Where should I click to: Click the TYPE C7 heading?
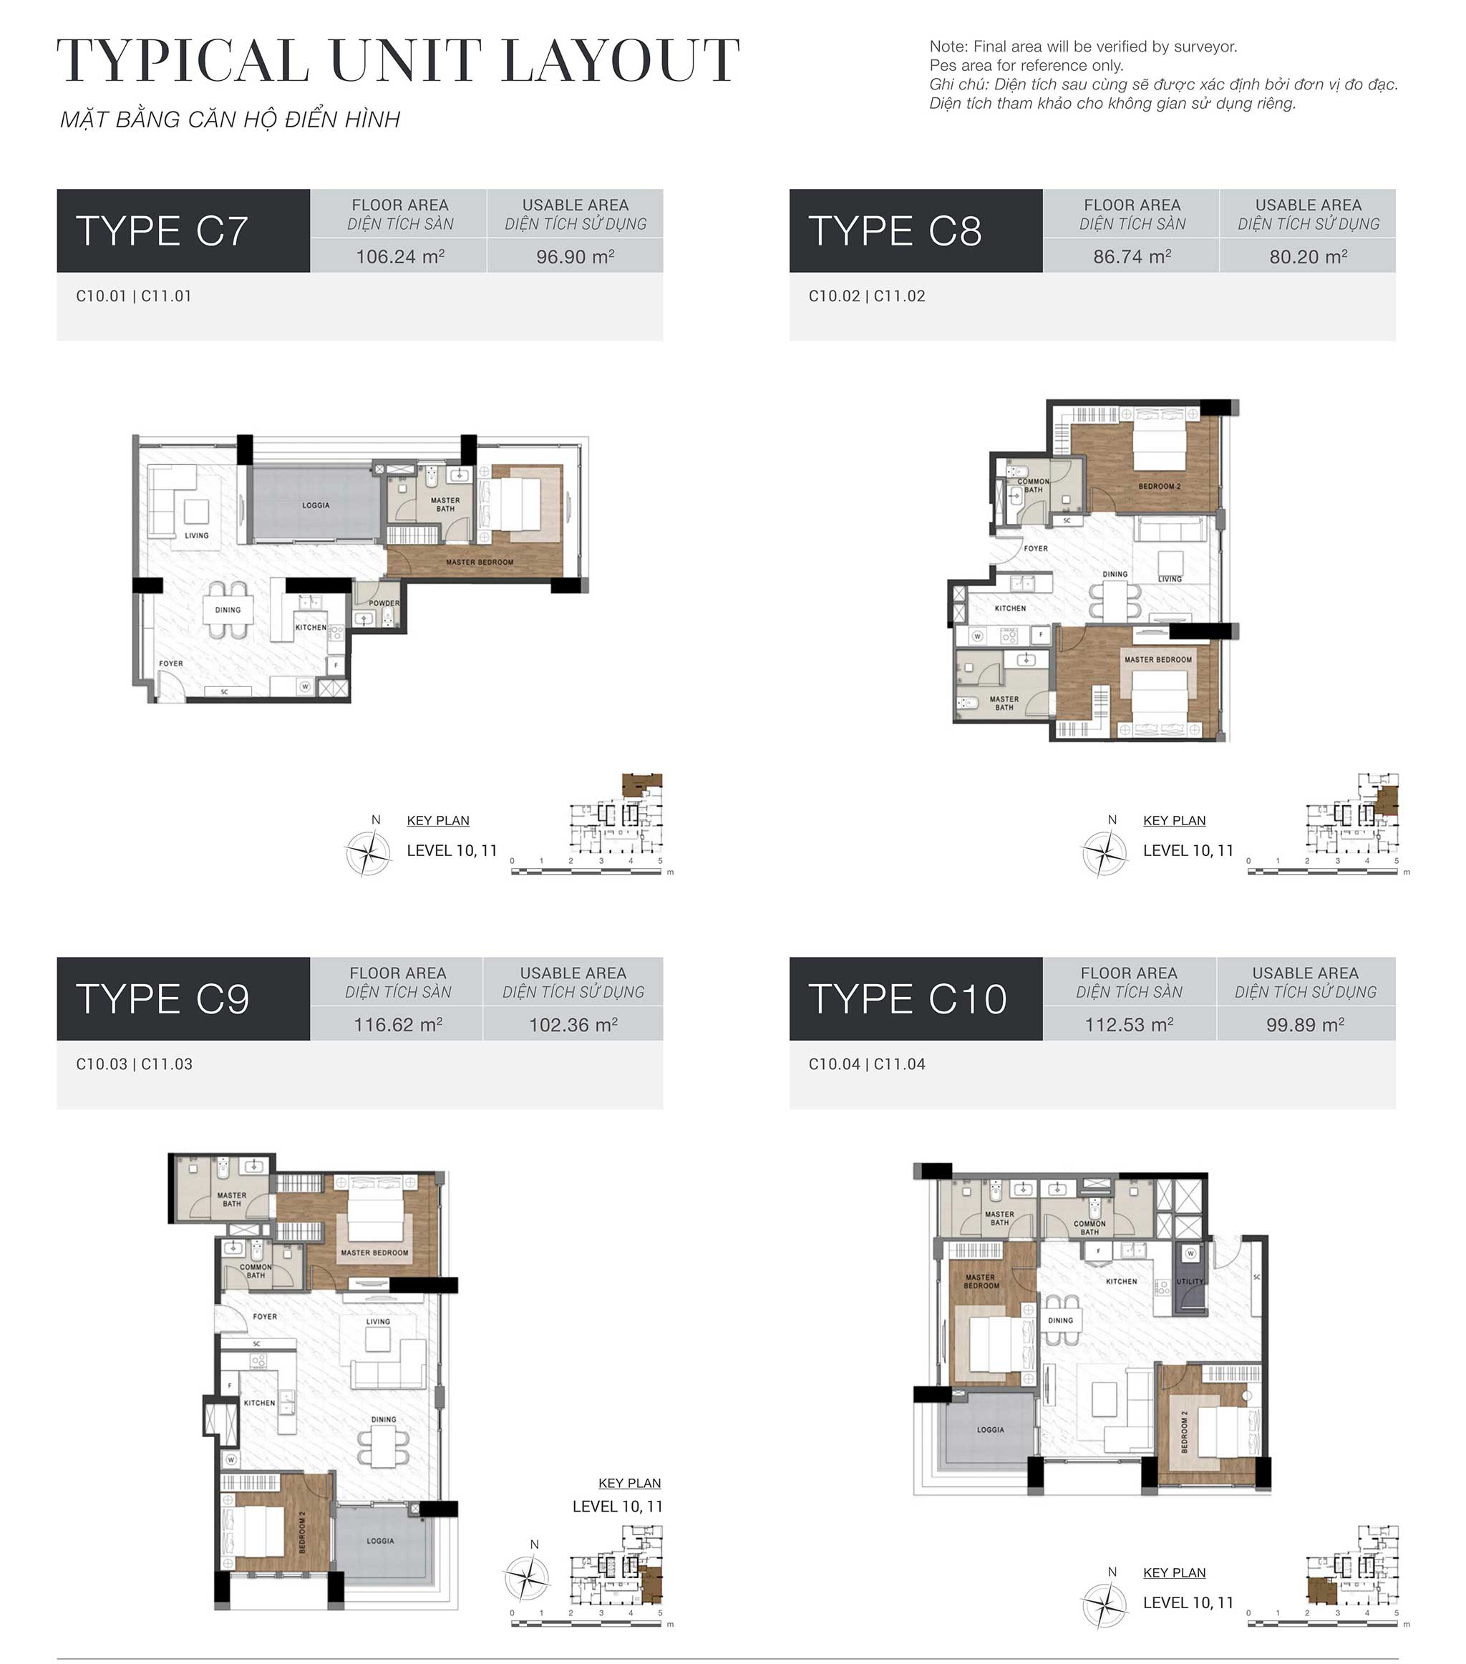(x=162, y=231)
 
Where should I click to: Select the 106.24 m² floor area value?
(x=400, y=256)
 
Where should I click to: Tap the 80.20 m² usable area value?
(x=1308, y=256)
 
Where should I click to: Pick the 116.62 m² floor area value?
(x=397, y=1025)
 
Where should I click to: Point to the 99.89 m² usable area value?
(x=1305, y=1025)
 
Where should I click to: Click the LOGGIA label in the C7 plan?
(x=316, y=505)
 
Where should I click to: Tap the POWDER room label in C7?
(x=384, y=603)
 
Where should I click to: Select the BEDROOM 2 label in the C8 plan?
(x=1159, y=487)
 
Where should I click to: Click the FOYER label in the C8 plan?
(x=1035, y=549)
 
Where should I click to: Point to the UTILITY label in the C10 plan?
(x=1189, y=1281)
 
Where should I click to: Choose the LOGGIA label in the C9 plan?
(x=380, y=1540)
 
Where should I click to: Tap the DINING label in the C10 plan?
(x=1060, y=1320)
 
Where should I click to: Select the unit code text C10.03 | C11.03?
(x=135, y=1064)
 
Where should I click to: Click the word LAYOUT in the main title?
(x=621, y=61)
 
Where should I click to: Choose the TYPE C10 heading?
(x=907, y=1000)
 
